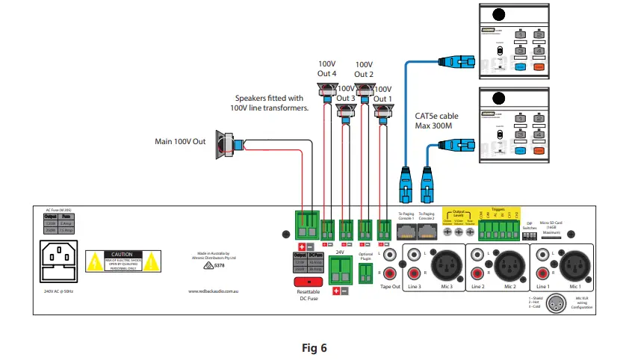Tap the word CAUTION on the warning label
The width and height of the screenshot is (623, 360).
click(121, 255)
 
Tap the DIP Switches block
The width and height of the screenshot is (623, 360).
click(530, 234)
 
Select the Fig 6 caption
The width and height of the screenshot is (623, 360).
click(314, 347)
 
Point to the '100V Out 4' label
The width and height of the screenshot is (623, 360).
click(328, 69)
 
